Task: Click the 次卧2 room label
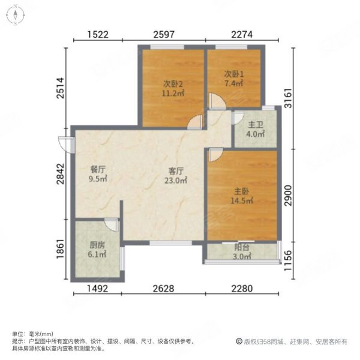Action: pos(173,83)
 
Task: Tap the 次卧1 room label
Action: pos(233,74)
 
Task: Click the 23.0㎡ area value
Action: pos(178,179)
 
